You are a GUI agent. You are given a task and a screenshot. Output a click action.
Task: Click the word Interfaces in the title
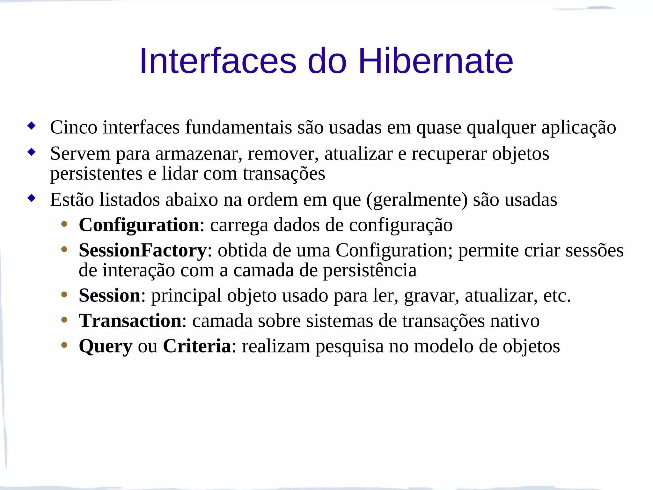pyautogui.click(x=218, y=61)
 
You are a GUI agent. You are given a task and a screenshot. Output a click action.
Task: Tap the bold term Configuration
pyautogui.click(x=139, y=225)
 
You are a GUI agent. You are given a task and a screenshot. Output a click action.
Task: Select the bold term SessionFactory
pyautogui.click(x=143, y=250)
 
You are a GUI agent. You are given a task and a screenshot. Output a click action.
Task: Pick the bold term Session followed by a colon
pyautogui.click(x=109, y=295)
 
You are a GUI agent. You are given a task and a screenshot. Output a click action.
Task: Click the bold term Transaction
pyautogui.click(x=130, y=321)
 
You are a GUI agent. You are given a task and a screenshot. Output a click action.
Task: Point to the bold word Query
pyautogui.click(x=105, y=346)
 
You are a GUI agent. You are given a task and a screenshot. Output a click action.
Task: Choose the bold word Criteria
pyautogui.click(x=197, y=346)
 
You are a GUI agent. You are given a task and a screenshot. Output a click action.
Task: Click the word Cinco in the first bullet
pyautogui.click(x=74, y=127)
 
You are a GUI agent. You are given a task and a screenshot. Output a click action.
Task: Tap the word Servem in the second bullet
pyautogui.click(x=80, y=154)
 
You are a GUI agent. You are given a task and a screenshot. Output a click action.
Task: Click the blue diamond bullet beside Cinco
pyautogui.click(x=31, y=126)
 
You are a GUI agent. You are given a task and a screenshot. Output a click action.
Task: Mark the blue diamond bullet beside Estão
pyautogui.click(x=31, y=198)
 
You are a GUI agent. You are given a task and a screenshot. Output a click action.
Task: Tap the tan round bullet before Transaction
pyautogui.click(x=64, y=320)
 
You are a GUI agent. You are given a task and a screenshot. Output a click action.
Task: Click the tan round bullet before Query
pyautogui.click(x=64, y=345)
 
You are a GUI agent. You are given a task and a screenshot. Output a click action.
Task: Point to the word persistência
pyautogui.click(x=370, y=271)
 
